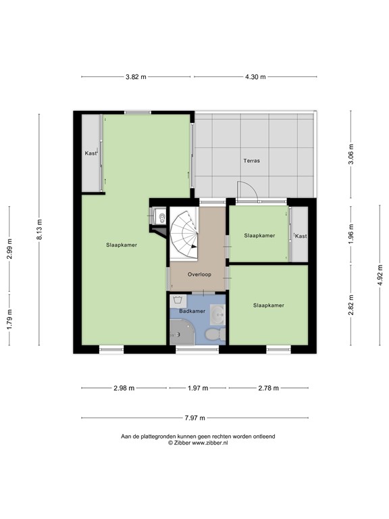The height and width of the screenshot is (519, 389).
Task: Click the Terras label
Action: [x=252, y=161]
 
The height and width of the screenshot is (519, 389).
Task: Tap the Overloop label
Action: [x=199, y=275]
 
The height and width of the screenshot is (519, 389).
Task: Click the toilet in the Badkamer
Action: [x=211, y=334]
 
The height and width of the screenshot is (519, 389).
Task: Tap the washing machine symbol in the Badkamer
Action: [x=179, y=299]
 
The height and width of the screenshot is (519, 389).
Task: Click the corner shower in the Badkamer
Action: [x=181, y=332]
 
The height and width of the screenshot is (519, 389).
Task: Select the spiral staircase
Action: [x=184, y=233]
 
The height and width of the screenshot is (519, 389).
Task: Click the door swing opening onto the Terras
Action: [x=247, y=192]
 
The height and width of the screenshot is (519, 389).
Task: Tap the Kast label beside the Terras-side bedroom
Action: [x=301, y=236]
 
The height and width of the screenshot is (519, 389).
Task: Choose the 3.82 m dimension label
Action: [x=136, y=76]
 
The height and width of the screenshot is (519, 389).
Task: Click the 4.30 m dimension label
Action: [x=255, y=76]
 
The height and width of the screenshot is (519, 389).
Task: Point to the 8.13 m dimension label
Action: [x=40, y=230]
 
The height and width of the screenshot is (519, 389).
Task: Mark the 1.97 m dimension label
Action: [x=197, y=388]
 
